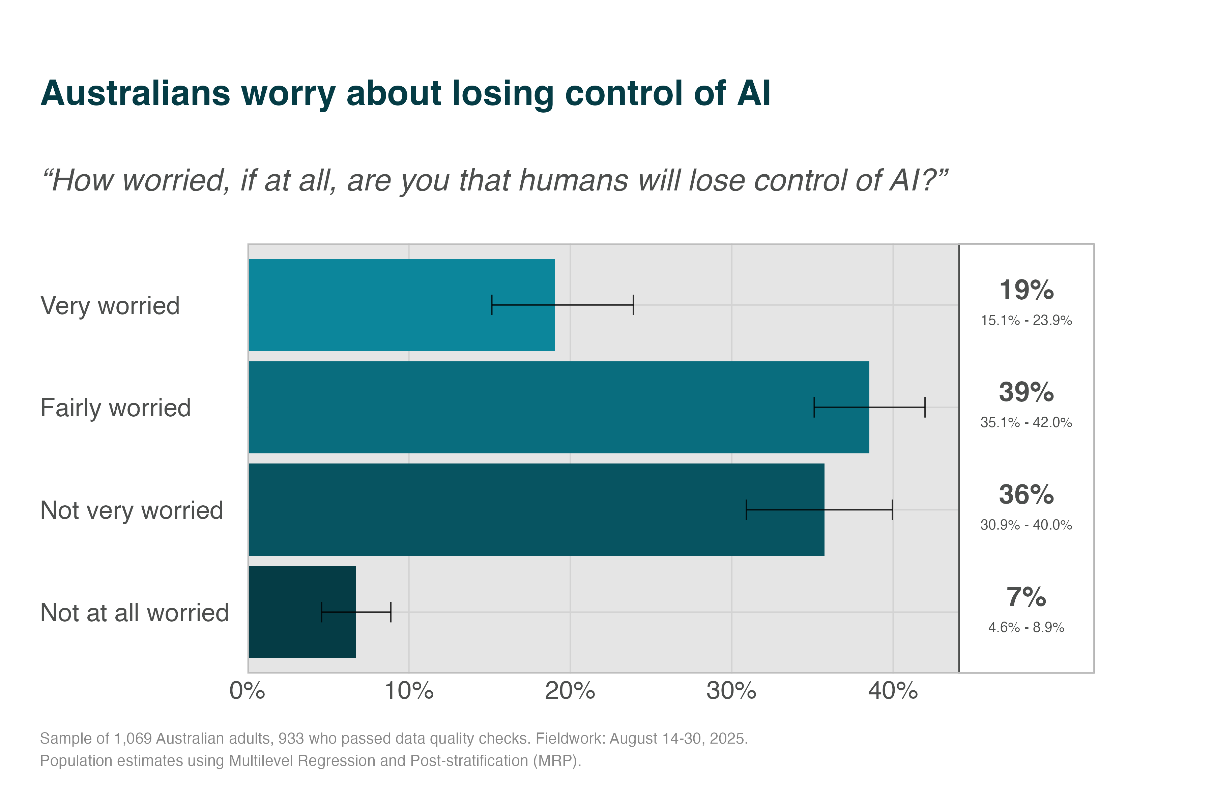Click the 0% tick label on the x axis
(x=247, y=691)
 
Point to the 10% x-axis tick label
(x=409, y=691)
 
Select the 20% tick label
(x=570, y=691)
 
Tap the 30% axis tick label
(x=731, y=691)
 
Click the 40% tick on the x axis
(x=893, y=691)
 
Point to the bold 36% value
(x=1026, y=495)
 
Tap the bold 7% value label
(x=1026, y=597)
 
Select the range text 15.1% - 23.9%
(x=1026, y=321)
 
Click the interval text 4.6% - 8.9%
(x=1026, y=627)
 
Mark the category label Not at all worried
(x=134, y=613)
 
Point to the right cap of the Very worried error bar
(x=633, y=305)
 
